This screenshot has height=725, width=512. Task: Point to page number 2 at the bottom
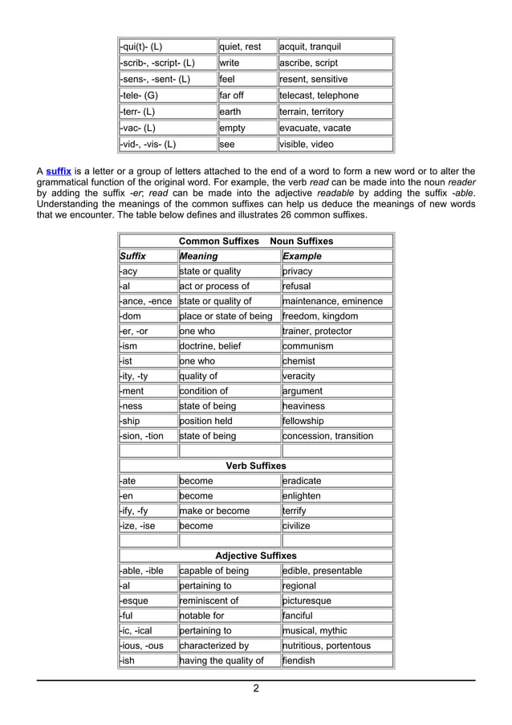tap(256, 689)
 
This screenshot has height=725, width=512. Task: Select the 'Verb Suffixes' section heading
tap(256, 466)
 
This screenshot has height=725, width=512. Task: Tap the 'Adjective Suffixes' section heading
tap(256, 556)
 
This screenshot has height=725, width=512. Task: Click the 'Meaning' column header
tap(198, 256)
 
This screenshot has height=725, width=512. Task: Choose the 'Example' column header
tap(303, 256)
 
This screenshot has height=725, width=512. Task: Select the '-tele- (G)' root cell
tap(141, 96)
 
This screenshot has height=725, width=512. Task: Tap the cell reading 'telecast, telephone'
tap(319, 96)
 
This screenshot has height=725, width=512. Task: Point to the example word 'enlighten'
tap(302, 496)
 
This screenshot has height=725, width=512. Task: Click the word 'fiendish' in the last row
tap(299, 661)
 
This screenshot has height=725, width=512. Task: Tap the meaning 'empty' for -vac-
tap(233, 128)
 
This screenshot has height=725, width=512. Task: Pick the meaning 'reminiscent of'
tap(209, 601)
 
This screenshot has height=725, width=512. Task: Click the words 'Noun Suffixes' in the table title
tap(302, 241)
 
